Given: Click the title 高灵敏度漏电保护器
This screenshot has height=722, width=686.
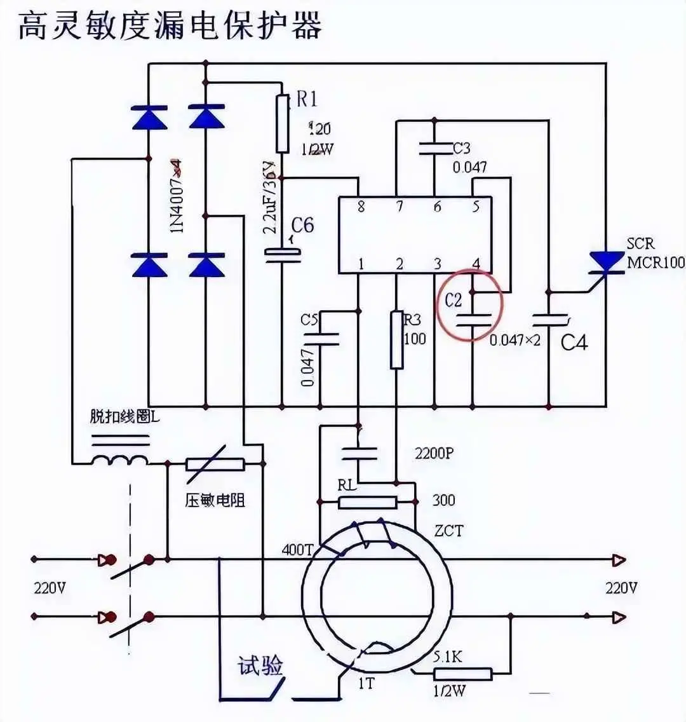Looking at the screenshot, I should [x=170, y=26].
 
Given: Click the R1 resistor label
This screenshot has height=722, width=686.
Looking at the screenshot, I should [x=307, y=99].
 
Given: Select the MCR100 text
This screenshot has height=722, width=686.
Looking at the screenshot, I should [x=656, y=262].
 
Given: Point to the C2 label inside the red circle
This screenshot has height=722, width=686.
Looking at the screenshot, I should [x=454, y=299].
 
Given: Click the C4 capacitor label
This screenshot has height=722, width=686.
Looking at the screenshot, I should [x=574, y=343].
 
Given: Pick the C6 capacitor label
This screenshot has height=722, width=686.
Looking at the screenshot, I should [x=302, y=225].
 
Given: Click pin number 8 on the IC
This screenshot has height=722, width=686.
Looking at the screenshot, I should [x=361, y=207].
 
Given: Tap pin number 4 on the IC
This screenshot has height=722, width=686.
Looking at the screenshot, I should [x=476, y=263].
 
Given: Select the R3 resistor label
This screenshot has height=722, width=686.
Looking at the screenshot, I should [x=412, y=318].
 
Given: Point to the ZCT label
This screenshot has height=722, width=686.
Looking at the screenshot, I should [x=448, y=530].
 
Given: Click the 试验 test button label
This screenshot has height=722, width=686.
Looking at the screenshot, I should [x=260, y=667].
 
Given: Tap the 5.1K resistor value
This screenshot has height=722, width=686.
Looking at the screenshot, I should [x=448, y=657].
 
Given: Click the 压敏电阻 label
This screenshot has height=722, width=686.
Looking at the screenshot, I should [x=215, y=500].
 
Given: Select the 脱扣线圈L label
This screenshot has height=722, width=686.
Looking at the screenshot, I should [x=125, y=417].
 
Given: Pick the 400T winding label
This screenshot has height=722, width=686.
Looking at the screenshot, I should [x=297, y=548].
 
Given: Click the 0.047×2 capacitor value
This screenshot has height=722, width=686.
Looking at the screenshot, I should [x=514, y=340].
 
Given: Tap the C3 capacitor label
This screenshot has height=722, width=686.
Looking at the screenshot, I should [x=461, y=148].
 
